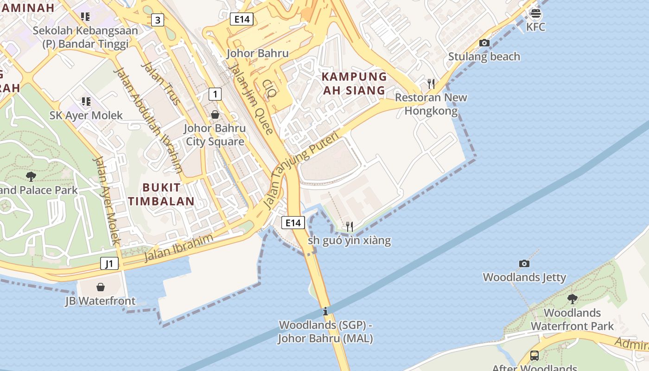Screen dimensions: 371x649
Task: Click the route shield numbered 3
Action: pos(158,20)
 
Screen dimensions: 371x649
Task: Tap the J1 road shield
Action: pos(109,264)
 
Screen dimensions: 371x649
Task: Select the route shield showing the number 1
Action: pos(215,94)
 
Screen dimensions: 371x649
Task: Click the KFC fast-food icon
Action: pos(535,13)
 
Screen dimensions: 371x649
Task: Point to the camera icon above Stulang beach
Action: pos(484,43)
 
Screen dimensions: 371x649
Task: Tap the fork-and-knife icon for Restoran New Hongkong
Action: pos(431,83)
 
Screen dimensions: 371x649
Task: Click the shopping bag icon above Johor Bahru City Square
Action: pos(215,114)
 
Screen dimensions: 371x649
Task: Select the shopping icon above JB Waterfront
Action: pos(101,287)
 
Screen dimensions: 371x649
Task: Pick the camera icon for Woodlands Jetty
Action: pos(524,263)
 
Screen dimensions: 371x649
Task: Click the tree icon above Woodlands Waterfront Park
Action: pos(573,299)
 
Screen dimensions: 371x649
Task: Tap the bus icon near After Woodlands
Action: pos(534,356)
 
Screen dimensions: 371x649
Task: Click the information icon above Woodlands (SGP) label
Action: pos(325,311)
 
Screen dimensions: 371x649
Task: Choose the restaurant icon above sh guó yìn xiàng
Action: pos(350,226)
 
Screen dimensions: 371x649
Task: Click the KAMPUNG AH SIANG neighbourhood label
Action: pos(354,83)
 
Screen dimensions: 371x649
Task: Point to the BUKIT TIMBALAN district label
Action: pos(161,194)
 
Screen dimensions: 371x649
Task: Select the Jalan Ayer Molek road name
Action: pos(107,200)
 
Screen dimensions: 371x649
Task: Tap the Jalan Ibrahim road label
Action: pos(178,248)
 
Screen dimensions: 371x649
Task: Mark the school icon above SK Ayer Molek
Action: pos(86,101)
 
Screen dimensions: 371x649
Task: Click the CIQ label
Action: pos(269,89)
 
